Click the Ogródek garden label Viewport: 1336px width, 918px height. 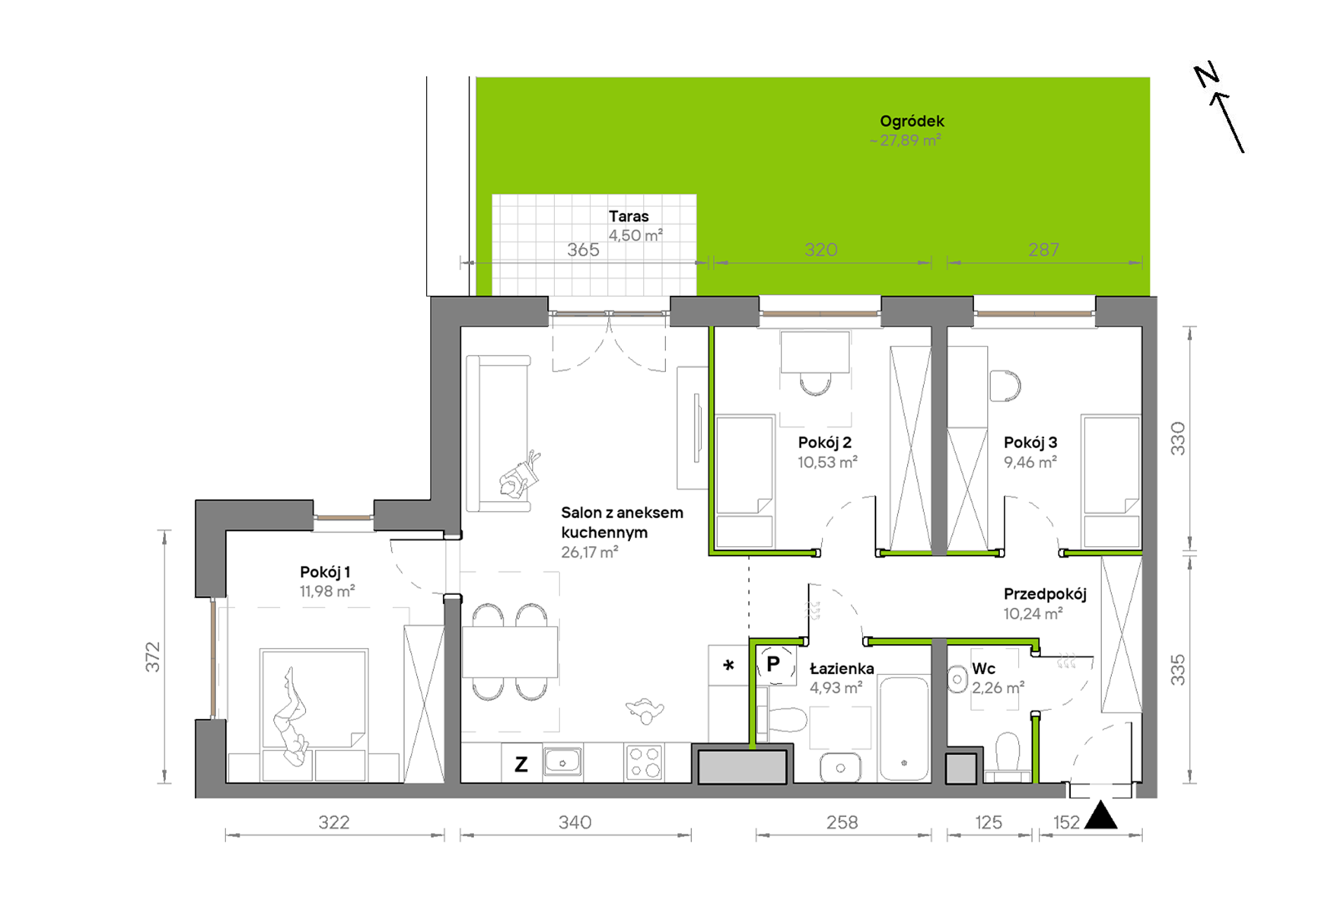(911, 122)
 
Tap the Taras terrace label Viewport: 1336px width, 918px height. (629, 216)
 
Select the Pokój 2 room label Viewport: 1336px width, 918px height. (824, 443)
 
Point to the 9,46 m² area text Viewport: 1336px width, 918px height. (1030, 463)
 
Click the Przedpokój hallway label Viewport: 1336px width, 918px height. (1045, 595)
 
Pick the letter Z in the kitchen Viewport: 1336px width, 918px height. (521, 764)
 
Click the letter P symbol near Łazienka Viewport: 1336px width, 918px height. (773, 664)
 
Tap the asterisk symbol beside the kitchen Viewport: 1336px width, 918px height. (728, 664)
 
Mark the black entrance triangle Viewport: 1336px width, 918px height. (1100, 816)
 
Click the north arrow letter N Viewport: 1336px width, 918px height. (1207, 75)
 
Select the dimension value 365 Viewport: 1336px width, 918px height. (583, 250)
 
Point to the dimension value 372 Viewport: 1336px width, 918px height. (153, 657)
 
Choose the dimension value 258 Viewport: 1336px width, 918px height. (842, 822)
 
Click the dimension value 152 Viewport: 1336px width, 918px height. (1066, 822)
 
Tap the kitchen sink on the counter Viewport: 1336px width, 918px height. (563, 761)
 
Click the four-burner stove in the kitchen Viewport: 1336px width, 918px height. (644, 762)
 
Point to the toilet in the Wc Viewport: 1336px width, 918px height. (1008, 756)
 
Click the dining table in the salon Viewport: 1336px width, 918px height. (510, 652)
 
